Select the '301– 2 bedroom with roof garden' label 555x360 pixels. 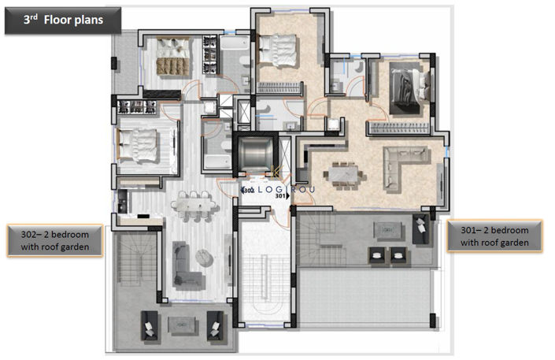[494, 236]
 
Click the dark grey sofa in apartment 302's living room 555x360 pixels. [186, 264]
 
